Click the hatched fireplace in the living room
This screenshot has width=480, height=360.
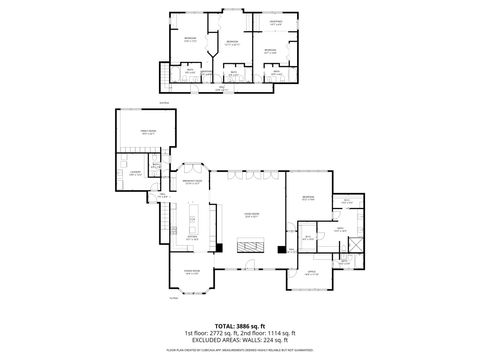tap(248, 246)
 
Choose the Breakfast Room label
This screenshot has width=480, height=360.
tap(193, 182)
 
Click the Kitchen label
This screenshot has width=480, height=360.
tap(193, 238)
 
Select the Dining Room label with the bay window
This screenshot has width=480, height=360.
tap(190, 272)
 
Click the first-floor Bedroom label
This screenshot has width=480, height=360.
tap(308, 198)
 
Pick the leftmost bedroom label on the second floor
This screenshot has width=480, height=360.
tap(189, 39)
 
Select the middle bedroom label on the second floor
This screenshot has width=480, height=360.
tap(232, 43)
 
